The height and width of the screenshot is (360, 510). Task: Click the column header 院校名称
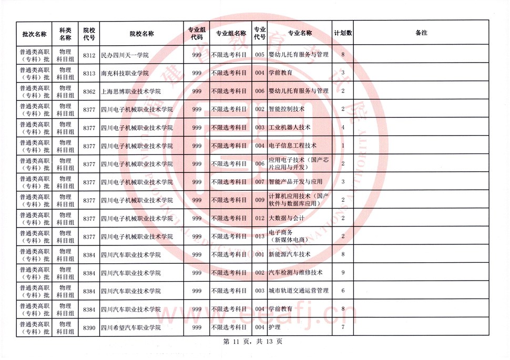tap(141, 33)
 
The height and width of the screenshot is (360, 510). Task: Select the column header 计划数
tap(343, 33)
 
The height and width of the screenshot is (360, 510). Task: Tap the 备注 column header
tap(421, 33)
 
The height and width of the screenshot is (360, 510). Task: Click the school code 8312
tap(89, 55)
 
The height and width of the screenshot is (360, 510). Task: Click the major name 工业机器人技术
tap(290, 128)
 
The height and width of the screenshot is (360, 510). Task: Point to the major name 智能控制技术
tap(286, 109)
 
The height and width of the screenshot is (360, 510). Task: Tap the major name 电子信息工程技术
tap(293, 146)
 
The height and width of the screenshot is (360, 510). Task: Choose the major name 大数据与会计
tap(286, 218)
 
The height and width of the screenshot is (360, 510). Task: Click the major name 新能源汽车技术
tap(290, 255)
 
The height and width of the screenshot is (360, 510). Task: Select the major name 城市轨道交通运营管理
tap(298, 291)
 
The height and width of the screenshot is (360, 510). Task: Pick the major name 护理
tap(274, 327)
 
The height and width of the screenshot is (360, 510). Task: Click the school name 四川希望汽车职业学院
tap(130, 327)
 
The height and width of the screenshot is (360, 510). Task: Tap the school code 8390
tap(89, 327)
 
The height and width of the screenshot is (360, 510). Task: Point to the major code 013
tap(259, 236)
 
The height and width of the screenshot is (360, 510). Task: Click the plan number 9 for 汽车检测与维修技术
tap(343, 273)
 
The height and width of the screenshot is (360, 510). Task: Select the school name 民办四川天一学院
tap(125, 55)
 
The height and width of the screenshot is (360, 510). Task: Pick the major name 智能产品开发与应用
tap(295, 182)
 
